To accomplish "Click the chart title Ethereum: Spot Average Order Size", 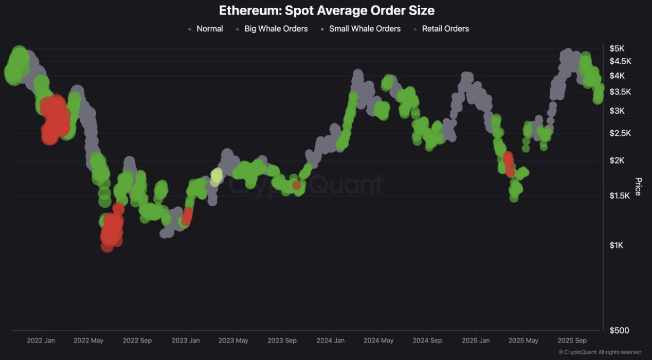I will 326,10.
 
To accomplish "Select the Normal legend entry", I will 209,29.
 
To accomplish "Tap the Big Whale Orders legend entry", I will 275,29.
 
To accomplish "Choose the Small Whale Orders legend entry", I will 364,29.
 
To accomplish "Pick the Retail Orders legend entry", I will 445,29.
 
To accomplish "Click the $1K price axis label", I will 616,245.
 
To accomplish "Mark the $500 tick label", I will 619,331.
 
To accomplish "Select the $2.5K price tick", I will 620,133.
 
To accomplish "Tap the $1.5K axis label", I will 620,195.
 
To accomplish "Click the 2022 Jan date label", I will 41,341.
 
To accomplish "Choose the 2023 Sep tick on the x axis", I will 282,341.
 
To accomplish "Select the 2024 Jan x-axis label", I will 331,341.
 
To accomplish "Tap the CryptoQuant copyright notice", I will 599,352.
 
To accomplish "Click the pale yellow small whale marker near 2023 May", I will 217,175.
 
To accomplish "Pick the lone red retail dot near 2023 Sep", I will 296,185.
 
